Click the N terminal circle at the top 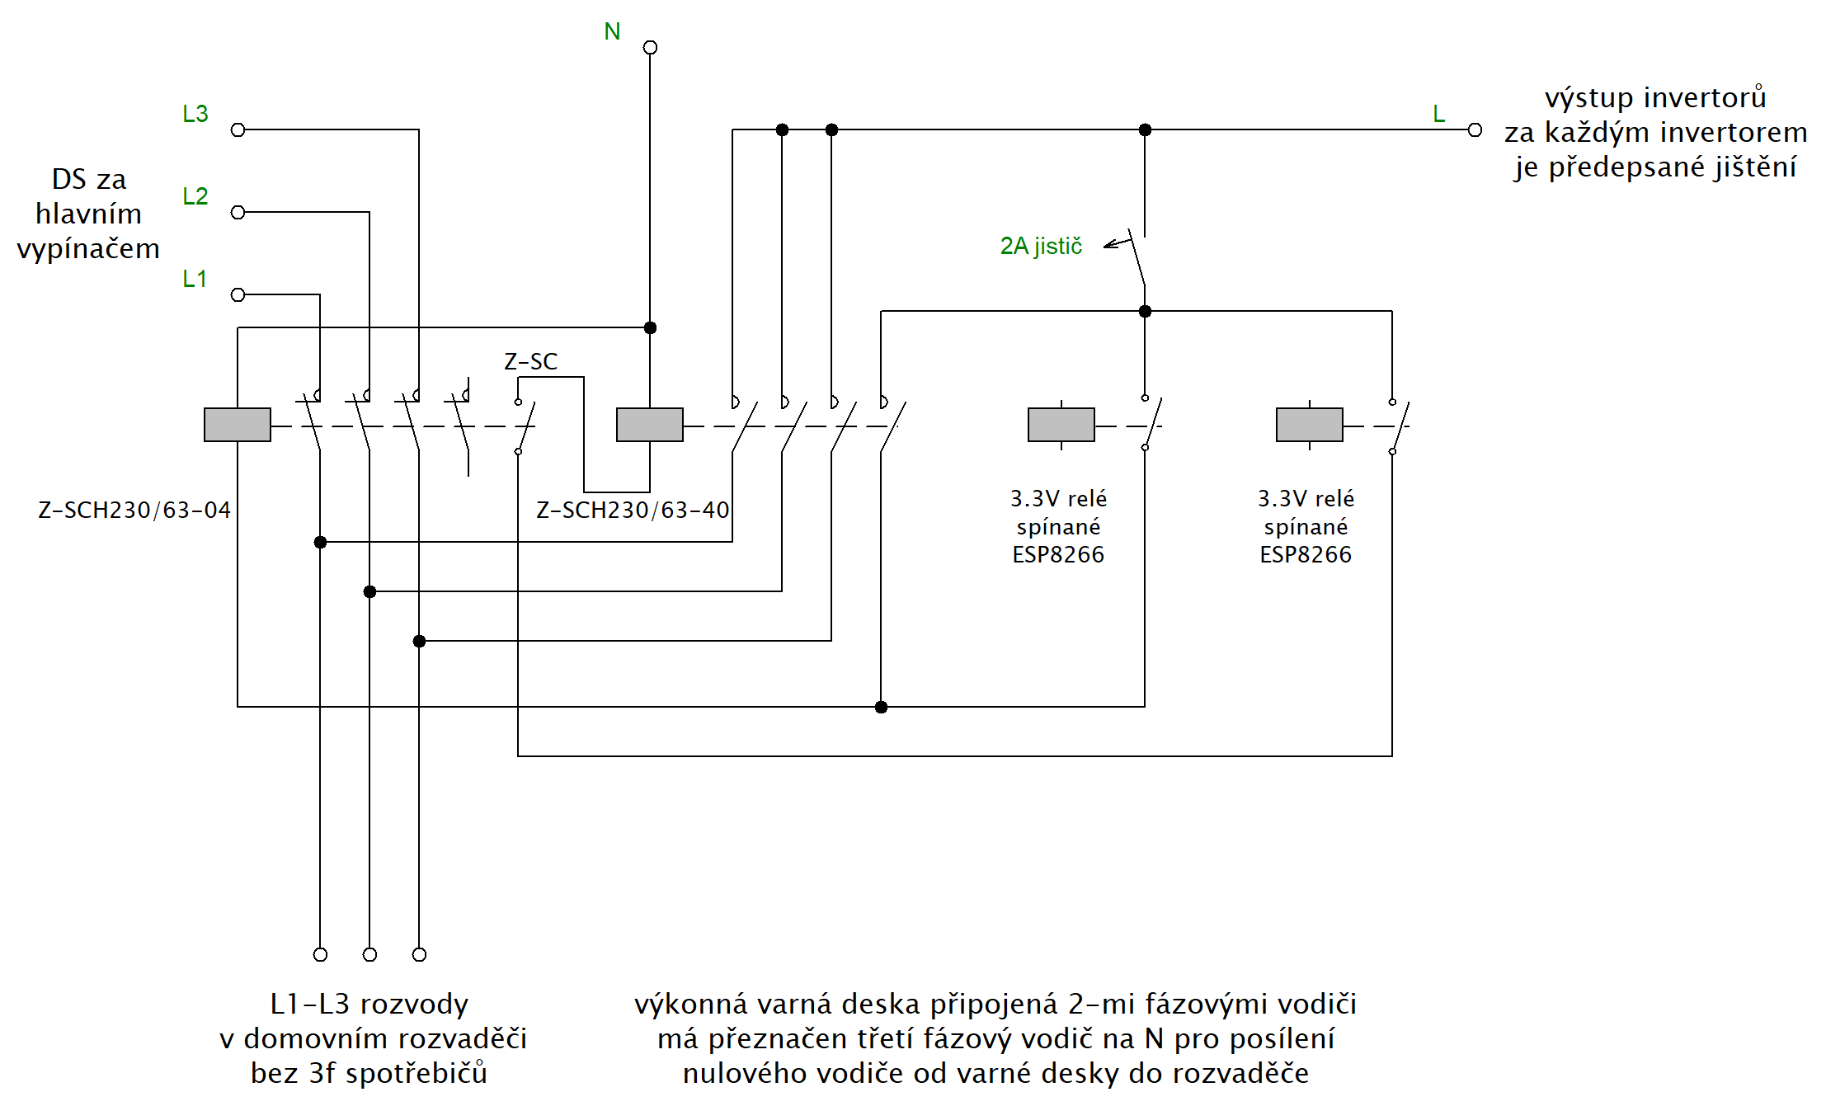(x=650, y=47)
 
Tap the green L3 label (x=195, y=114)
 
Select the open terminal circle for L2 (x=238, y=212)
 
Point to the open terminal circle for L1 (x=238, y=294)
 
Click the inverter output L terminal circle (x=1475, y=129)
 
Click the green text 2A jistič (x=1041, y=246)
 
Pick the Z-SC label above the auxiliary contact (x=530, y=361)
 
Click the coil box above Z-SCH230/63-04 (x=238, y=425)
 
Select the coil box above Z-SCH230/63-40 (x=650, y=425)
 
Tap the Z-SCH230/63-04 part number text (x=134, y=510)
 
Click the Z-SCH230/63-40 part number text (x=633, y=510)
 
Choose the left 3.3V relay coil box (x=1061, y=425)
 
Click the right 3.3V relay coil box (x=1310, y=425)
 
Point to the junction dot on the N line (x=650, y=327)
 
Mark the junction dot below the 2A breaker (x=1145, y=311)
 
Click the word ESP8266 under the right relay (x=1306, y=554)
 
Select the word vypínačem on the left (x=88, y=248)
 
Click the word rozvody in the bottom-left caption (x=415, y=1005)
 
